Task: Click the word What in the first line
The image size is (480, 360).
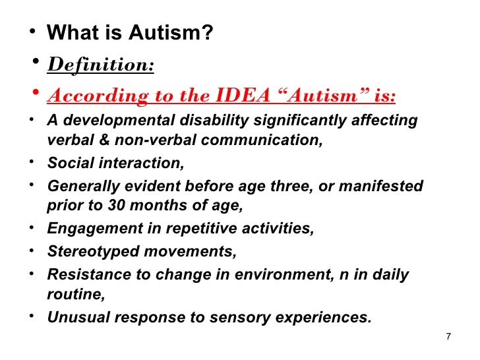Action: tap(71, 32)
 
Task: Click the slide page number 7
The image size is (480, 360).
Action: tap(448, 338)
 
